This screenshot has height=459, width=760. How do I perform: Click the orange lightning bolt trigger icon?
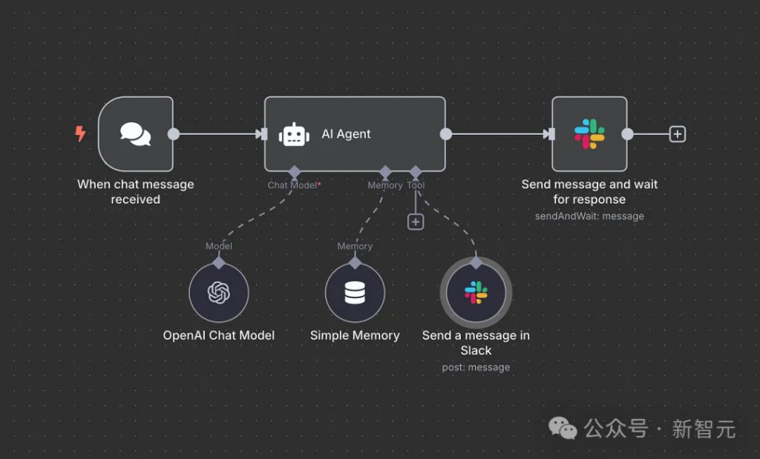(80, 134)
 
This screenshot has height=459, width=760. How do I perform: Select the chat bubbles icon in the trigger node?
(135, 134)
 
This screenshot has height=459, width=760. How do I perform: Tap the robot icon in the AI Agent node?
(294, 134)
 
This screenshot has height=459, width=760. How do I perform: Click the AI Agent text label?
(346, 134)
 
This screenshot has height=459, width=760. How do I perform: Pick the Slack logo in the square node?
(589, 134)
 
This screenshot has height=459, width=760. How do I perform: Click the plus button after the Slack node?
(677, 134)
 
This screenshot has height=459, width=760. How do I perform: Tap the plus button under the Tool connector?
(416, 221)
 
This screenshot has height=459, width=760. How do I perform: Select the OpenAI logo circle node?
(219, 293)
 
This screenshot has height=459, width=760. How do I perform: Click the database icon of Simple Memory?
(355, 293)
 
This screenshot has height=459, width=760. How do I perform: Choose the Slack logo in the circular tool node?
(476, 293)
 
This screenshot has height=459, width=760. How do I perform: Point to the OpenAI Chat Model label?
(219, 335)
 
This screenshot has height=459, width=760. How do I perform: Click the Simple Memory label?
(355, 335)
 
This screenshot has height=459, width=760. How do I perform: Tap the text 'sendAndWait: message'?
(589, 217)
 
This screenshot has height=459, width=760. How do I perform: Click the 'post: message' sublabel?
(476, 367)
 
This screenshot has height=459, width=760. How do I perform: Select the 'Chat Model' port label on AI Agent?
(292, 185)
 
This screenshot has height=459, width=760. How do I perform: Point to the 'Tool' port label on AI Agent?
(416, 185)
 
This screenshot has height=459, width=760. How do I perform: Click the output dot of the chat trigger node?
(174, 134)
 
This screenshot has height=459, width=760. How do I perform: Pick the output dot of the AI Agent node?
(445, 134)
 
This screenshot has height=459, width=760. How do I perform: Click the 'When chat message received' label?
(135, 191)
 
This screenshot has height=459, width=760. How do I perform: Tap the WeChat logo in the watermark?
(563, 428)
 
